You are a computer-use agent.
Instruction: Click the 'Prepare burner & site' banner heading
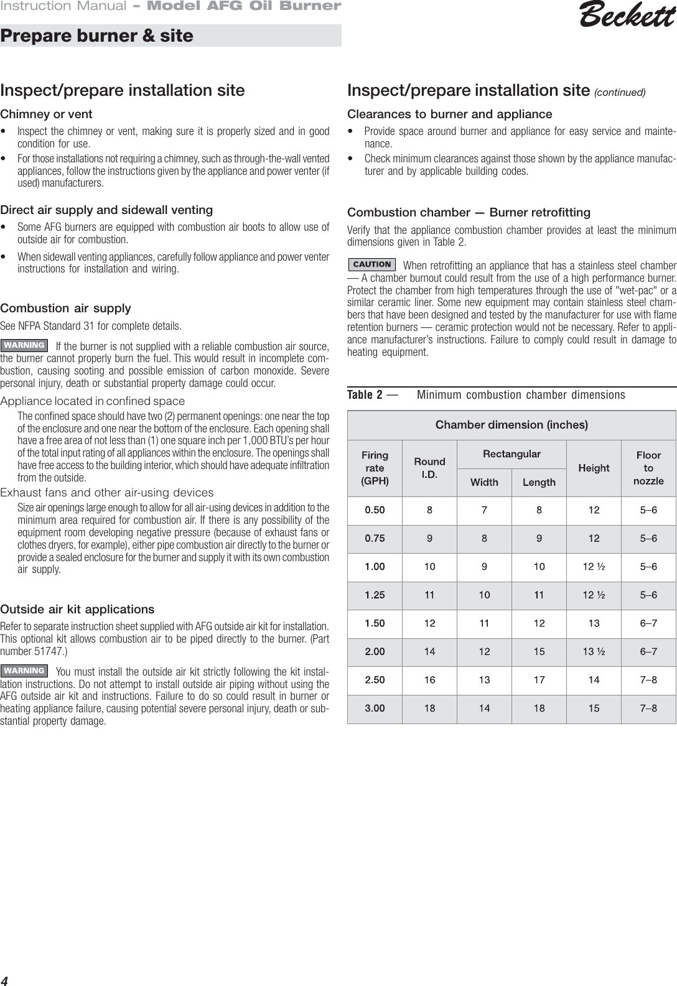(x=97, y=35)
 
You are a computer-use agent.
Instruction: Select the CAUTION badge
(x=371, y=264)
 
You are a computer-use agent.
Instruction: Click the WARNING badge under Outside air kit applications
(x=24, y=671)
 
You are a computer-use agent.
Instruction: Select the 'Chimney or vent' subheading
(x=46, y=114)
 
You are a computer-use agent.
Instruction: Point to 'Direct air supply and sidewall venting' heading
(x=106, y=210)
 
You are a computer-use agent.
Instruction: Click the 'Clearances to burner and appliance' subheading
(x=449, y=114)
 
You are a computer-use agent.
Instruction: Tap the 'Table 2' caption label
(x=365, y=395)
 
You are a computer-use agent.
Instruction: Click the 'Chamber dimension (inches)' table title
(x=511, y=425)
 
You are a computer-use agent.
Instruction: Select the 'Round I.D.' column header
(x=429, y=468)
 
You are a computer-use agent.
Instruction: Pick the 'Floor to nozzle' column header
(x=648, y=468)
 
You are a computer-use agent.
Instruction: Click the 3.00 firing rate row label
(x=375, y=708)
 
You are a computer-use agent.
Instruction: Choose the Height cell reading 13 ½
(x=594, y=651)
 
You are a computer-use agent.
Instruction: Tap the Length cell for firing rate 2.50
(x=539, y=680)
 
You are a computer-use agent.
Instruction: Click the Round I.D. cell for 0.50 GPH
(x=429, y=510)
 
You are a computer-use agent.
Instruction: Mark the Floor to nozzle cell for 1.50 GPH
(x=648, y=623)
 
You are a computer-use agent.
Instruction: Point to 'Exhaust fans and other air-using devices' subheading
(x=106, y=493)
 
